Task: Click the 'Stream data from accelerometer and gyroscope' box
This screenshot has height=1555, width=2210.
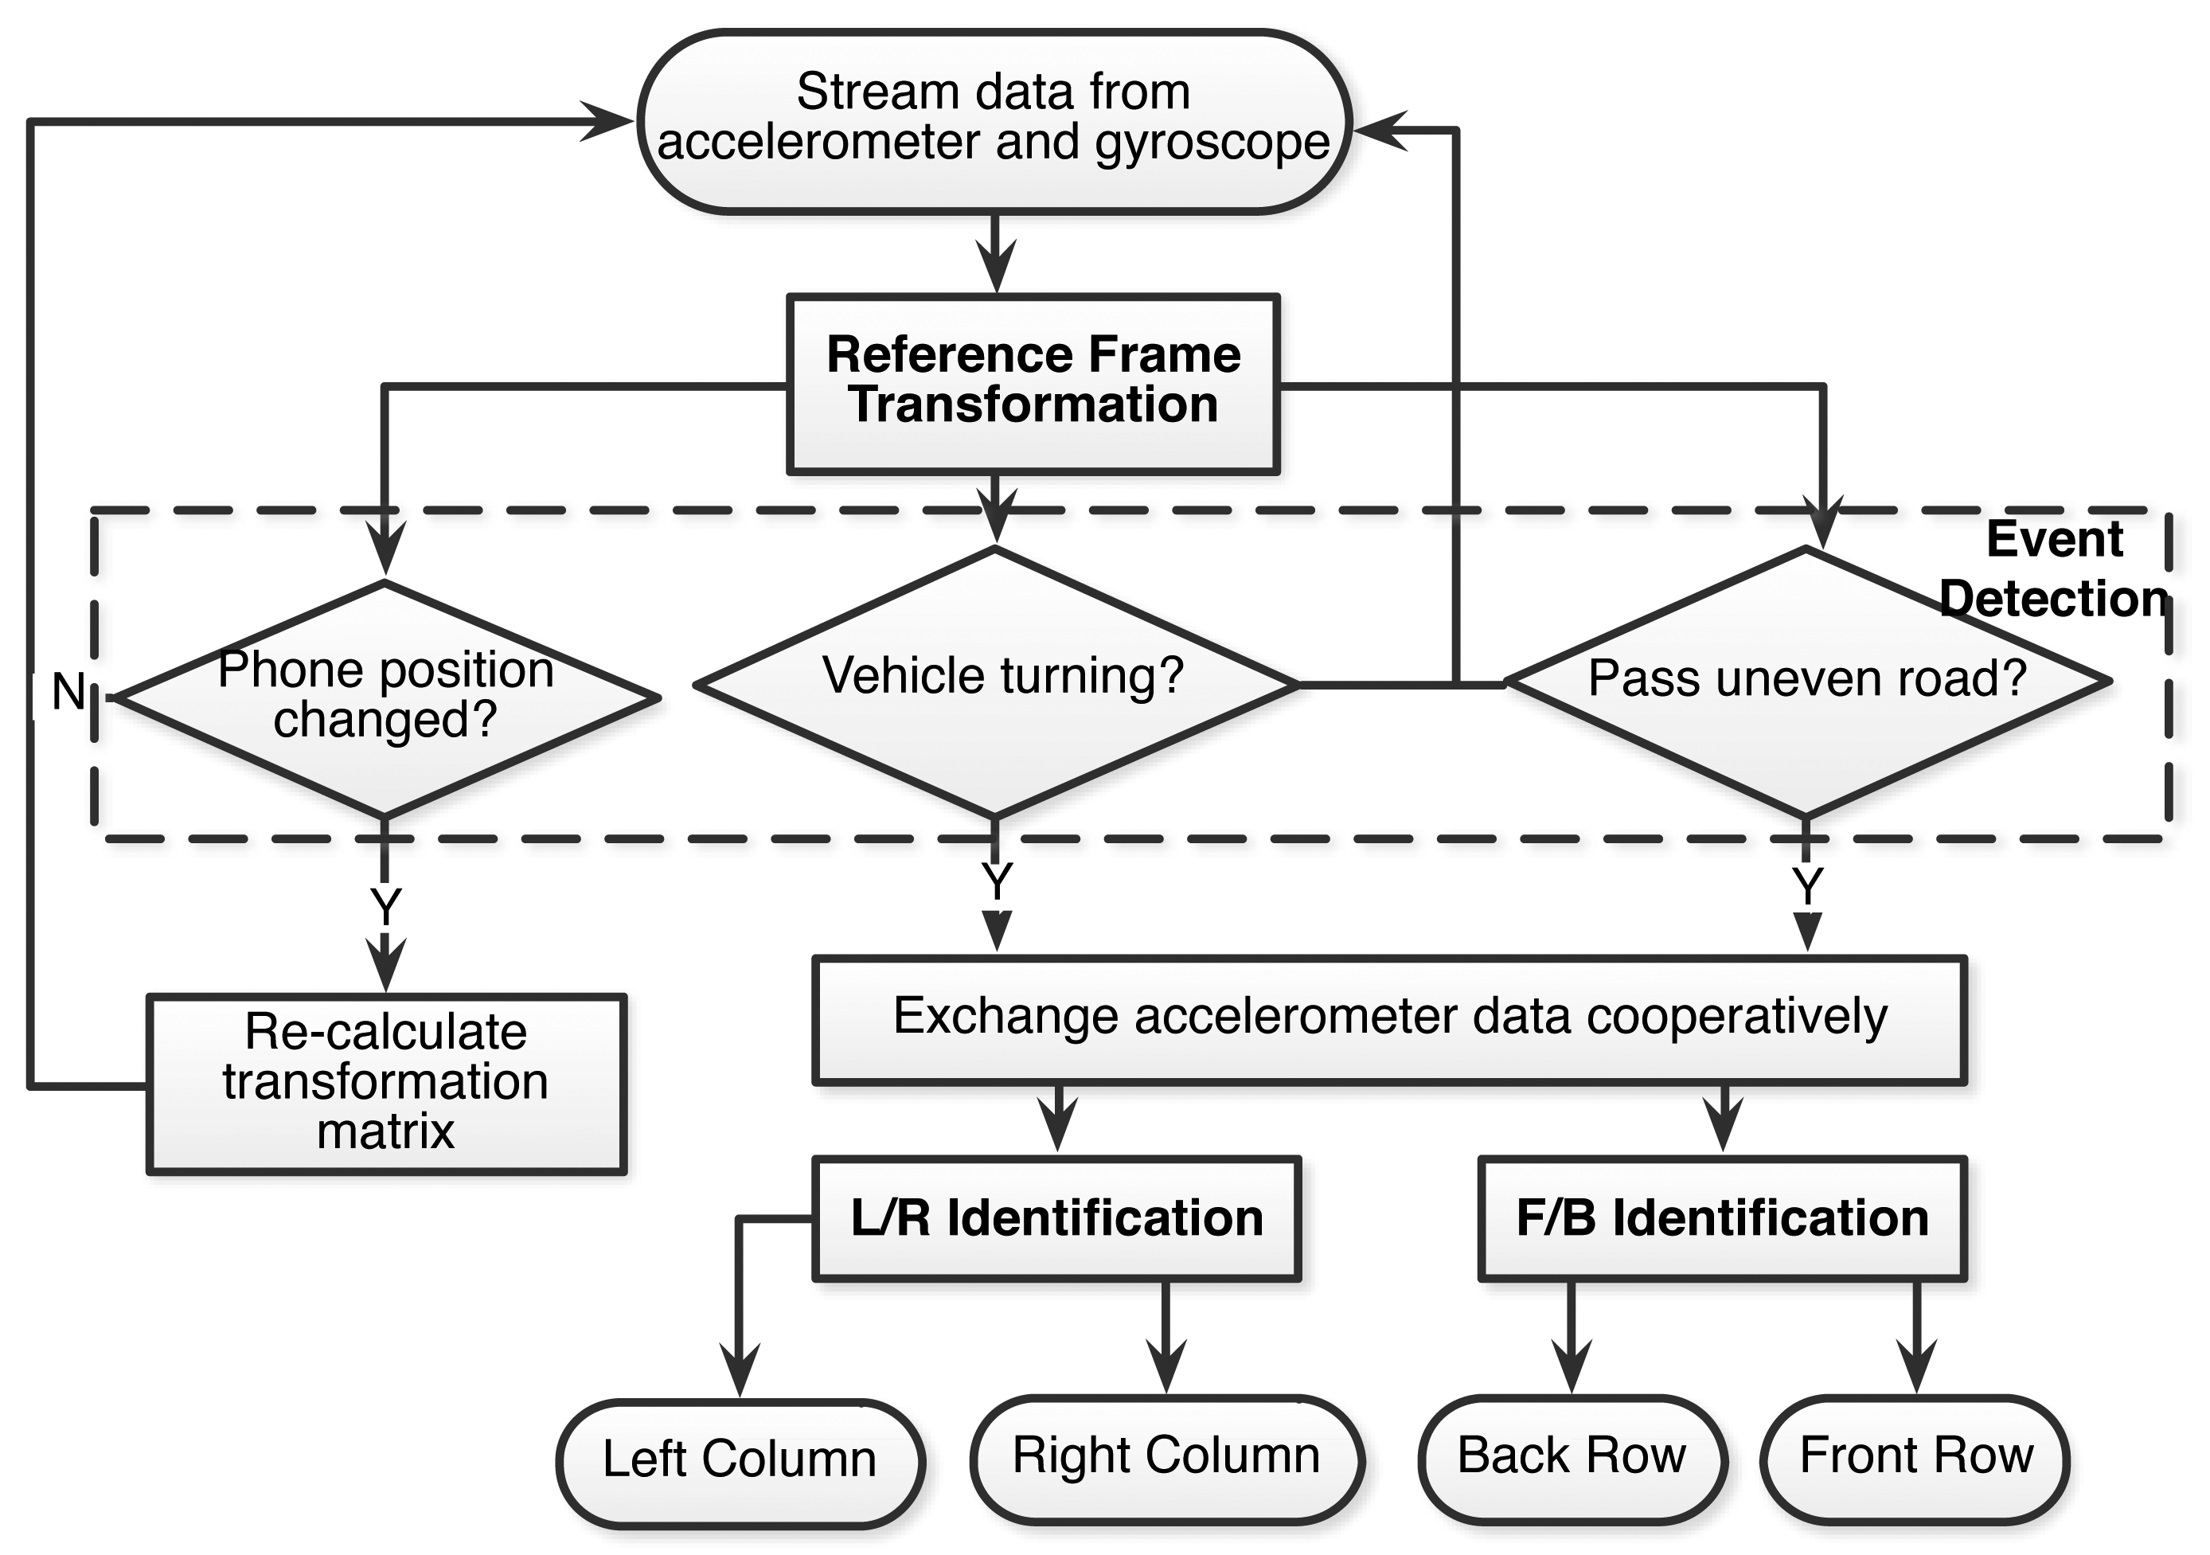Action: click(995, 121)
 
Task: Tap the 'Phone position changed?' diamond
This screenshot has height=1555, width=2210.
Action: click(385, 698)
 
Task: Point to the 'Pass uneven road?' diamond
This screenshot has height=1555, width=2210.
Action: click(1806, 682)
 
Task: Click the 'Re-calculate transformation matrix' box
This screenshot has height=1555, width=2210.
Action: click(386, 1083)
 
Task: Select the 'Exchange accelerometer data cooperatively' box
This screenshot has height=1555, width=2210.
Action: click(1390, 1020)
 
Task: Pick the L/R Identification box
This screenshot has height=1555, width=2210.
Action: click(1057, 1218)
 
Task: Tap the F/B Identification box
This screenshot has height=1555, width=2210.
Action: click(1722, 1218)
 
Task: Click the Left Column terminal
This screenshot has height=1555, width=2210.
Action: click(740, 1462)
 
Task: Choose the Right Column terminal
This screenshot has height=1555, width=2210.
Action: click(1166, 1458)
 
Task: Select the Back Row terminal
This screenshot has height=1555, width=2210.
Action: click(1572, 1458)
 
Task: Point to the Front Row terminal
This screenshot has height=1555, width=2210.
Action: click(1915, 1458)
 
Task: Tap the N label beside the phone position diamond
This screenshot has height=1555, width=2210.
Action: click(68, 691)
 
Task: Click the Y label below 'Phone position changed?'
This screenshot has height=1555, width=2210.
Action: click(385, 906)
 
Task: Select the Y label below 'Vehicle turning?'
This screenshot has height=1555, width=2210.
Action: click(996, 880)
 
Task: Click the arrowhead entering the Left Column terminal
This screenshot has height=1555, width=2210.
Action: click(740, 1370)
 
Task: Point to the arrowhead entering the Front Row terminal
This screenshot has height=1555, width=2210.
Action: click(1916, 1366)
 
